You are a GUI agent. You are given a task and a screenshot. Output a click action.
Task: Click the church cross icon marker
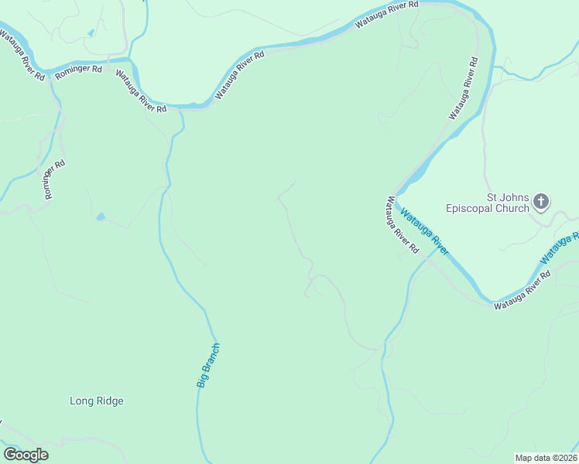point(541,203)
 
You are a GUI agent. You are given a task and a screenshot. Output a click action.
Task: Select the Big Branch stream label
point(208,365)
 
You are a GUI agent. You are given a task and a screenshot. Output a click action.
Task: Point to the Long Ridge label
point(97,401)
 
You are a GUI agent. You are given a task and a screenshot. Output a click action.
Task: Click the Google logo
point(26,455)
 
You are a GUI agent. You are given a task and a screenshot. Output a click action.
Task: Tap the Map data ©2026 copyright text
point(546,457)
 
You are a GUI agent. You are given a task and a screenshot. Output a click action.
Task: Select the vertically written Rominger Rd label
point(55,179)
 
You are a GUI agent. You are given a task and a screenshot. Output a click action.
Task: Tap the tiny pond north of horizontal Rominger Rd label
point(91,33)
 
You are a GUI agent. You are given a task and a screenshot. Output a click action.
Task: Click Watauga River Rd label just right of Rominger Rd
point(142,91)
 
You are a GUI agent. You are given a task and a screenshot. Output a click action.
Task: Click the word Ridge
point(110,401)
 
